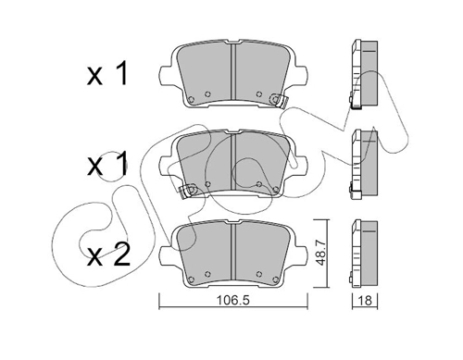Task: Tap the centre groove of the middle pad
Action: [x=233, y=163]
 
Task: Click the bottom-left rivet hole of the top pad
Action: [x=192, y=101]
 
